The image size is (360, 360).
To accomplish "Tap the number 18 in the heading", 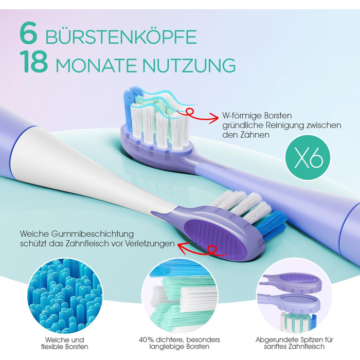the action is coord(34,61).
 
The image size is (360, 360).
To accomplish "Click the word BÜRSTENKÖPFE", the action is coord(121,37).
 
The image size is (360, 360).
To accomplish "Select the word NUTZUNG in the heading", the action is coord(189,65).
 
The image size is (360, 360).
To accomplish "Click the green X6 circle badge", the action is coord(308,158).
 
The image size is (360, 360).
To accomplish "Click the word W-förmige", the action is coord(241,116).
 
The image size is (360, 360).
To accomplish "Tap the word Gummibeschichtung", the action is coord(92,234).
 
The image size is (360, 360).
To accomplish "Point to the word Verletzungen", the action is coord(150,244).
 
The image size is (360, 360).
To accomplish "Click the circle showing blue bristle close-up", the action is coord(64,296).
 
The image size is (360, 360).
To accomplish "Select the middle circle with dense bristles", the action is coord(179,296).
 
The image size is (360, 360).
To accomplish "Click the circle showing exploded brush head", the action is coord(294,296).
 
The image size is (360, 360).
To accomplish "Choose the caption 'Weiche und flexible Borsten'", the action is coord(64,343).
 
